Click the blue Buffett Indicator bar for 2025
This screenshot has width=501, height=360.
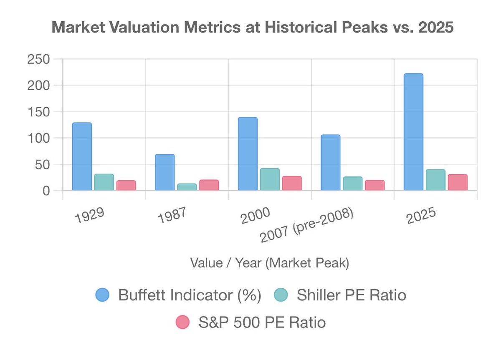tap(413, 132)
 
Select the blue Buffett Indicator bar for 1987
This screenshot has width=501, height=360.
tap(164, 172)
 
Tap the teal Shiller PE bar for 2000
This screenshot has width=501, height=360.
tap(270, 179)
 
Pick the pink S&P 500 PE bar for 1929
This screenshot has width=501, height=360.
tap(126, 185)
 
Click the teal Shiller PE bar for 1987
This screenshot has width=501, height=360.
tap(187, 187)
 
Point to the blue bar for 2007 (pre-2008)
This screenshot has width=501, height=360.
tap(330, 163)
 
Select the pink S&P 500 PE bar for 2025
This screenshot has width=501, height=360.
tap(458, 182)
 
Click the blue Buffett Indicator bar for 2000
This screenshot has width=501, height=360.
tap(248, 154)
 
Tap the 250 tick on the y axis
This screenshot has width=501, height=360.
tap(38, 59)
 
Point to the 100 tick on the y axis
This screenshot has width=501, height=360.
tap(38, 138)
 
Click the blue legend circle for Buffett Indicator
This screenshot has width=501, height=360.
tap(102, 295)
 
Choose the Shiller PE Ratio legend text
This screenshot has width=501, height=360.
tap(351, 295)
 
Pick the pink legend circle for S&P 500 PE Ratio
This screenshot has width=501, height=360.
tap(182, 322)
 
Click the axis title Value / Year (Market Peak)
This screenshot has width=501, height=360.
tap(269, 263)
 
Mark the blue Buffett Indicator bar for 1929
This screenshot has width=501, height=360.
tap(82, 156)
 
